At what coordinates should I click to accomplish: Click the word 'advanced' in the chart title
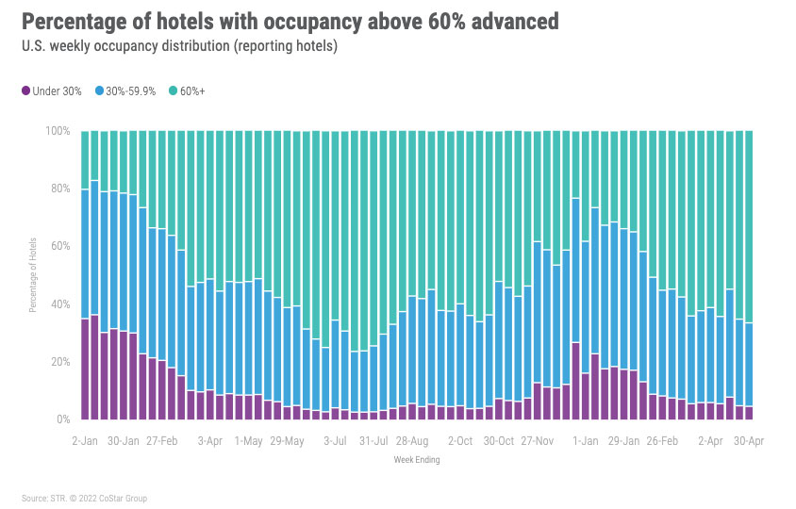tap(505, 21)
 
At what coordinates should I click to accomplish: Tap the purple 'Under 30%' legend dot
tap(25, 91)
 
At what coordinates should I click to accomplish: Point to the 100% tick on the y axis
tap(58, 131)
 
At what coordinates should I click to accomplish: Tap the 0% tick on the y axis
tap(64, 419)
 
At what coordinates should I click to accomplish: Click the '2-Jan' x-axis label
tap(85, 440)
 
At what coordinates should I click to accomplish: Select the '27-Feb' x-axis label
tap(162, 440)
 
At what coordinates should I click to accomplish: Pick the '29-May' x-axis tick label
tap(287, 440)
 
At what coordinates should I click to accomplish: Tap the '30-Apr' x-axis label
tap(750, 440)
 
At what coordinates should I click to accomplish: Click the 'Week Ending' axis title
tap(416, 461)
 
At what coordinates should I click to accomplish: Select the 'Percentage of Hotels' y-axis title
tap(33, 275)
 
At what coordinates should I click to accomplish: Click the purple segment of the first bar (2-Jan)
tap(86, 369)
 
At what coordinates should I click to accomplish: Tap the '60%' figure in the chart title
tap(398, 21)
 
